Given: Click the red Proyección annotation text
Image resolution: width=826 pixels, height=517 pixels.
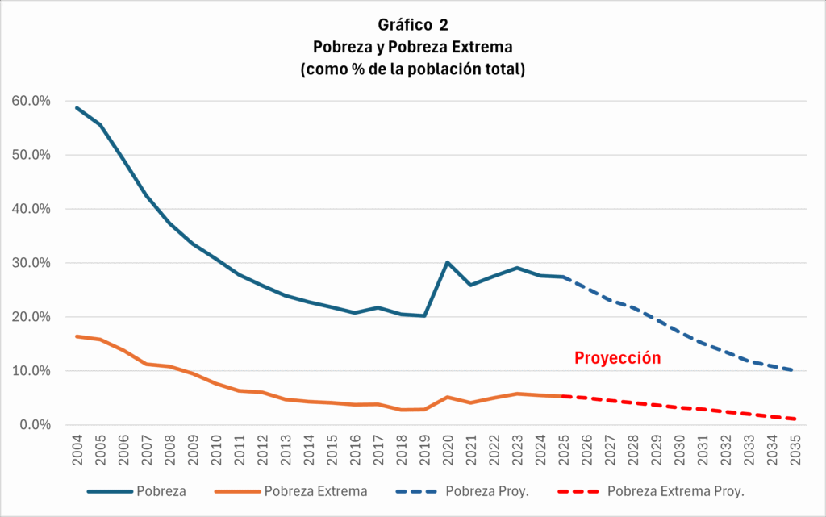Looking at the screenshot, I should (617, 358).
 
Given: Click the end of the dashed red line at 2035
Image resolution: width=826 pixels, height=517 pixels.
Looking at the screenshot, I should (795, 419).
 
